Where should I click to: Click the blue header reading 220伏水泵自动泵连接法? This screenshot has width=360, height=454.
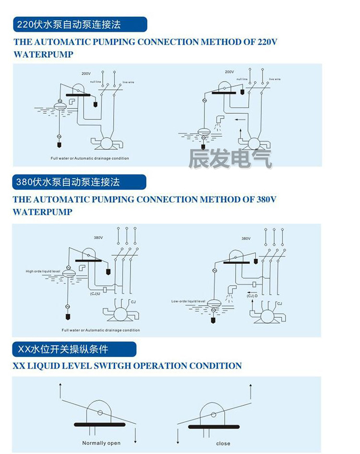click(x=80, y=24)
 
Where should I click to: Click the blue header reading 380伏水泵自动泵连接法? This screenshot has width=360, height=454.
click(x=80, y=182)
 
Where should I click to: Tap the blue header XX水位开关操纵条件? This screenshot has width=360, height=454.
click(x=74, y=349)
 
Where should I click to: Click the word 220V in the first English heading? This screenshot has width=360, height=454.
click(x=267, y=42)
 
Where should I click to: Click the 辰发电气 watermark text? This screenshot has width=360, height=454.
click(x=230, y=159)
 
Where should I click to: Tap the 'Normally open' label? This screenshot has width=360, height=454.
click(x=101, y=443)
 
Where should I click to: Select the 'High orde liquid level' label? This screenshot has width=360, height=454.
click(x=43, y=272)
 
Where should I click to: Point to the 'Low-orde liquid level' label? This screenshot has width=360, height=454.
click(x=188, y=301)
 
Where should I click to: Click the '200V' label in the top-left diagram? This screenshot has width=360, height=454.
click(x=86, y=73)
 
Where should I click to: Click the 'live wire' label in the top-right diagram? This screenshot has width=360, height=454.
click(x=275, y=79)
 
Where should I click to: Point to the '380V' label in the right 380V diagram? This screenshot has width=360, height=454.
click(x=246, y=238)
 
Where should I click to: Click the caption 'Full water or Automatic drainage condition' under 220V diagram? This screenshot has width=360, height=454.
click(x=90, y=158)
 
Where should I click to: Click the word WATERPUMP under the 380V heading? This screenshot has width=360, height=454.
click(x=43, y=212)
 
